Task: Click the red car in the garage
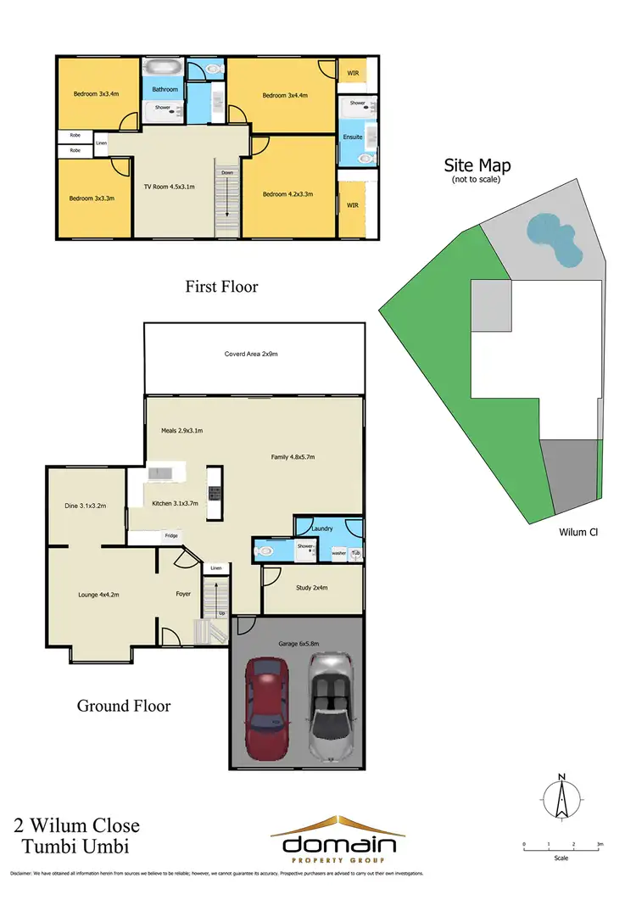[267, 708]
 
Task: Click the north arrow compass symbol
[561, 798]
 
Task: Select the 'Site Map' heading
[477, 166]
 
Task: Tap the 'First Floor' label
[221, 287]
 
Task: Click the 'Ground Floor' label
[124, 705]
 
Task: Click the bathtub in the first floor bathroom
[159, 67]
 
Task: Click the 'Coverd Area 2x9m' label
[251, 354]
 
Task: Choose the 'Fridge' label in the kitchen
[171, 536]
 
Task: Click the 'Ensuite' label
[352, 137]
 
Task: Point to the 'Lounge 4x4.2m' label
[94, 595]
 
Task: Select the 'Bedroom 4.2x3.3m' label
[287, 194]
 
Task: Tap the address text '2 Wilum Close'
[76, 825]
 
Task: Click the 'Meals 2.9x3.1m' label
[182, 431]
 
